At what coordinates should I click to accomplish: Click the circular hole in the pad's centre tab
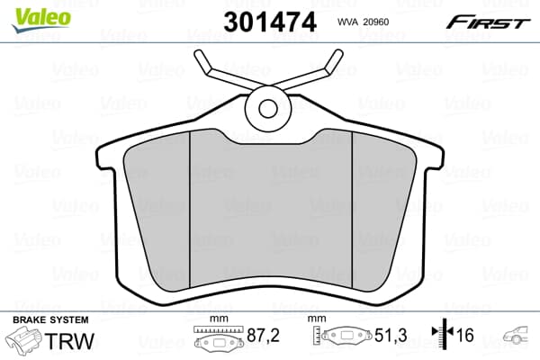(x=268, y=108)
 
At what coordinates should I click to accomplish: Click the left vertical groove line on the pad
(x=191, y=207)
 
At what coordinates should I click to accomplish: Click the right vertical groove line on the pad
(x=353, y=207)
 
